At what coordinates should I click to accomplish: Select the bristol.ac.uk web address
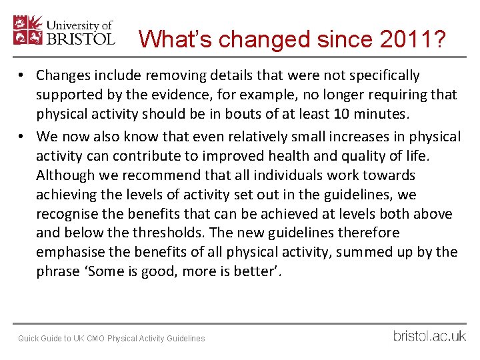click(x=429, y=335)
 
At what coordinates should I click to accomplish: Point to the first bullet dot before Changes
click(x=23, y=76)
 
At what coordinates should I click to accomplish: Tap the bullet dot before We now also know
click(x=23, y=137)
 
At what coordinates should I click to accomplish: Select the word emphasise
click(x=73, y=253)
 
